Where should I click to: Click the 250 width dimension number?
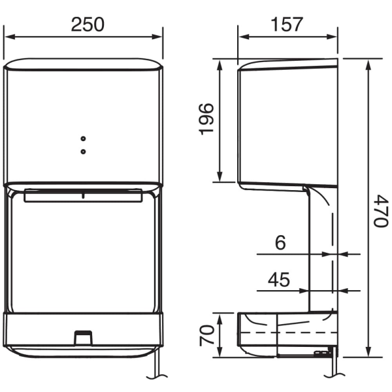point(87,25)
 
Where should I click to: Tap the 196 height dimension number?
point(206,118)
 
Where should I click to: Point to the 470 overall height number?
point(381,209)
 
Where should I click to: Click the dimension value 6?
point(280,242)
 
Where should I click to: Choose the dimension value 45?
point(279,280)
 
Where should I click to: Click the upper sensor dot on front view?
point(83,139)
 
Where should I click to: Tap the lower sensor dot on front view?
point(83,151)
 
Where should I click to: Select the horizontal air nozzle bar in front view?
point(83,195)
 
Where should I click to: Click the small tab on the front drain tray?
point(82,337)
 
